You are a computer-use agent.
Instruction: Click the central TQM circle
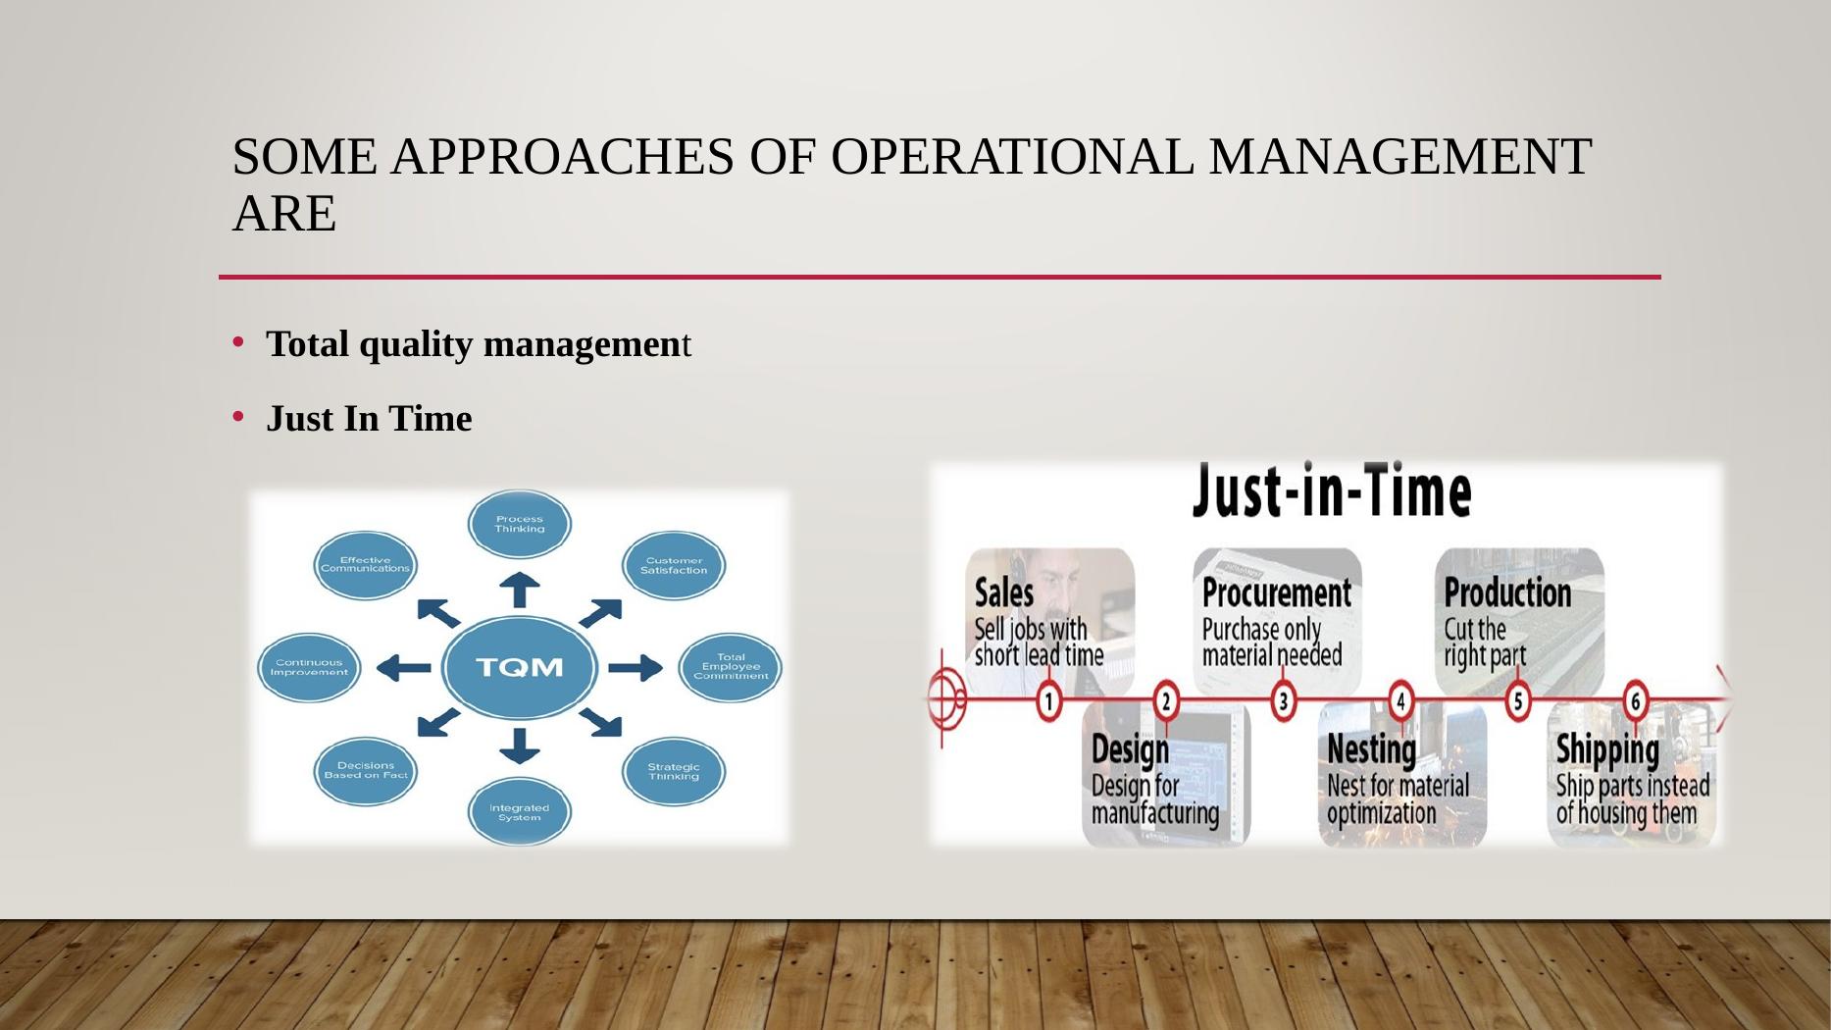coord(520,667)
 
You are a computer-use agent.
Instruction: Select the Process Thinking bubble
coord(520,524)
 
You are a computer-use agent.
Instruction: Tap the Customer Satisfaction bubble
coord(674,565)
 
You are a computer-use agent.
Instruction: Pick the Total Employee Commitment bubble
coord(731,667)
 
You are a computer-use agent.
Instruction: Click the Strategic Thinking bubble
coord(674,771)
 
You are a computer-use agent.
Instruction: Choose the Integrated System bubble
coord(520,811)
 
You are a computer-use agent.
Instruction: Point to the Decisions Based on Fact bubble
coord(366,771)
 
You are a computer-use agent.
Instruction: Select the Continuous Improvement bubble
coord(309,667)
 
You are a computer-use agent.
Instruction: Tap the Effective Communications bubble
coord(366,565)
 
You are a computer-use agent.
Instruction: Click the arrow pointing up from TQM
coord(520,590)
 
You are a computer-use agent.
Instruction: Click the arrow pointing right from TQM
coord(636,668)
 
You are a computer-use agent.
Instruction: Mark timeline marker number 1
coord(1049,701)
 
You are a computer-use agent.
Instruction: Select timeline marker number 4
coord(1400,701)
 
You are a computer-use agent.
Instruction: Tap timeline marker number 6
coord(1635,701)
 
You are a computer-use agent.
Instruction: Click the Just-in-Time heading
coord(1332,490)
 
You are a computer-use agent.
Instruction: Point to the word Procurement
coord(1277,592)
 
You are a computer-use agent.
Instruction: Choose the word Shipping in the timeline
coord(1607,750)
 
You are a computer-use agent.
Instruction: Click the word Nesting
coord(1372,750)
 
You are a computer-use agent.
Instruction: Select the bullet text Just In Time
coord(369,419)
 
